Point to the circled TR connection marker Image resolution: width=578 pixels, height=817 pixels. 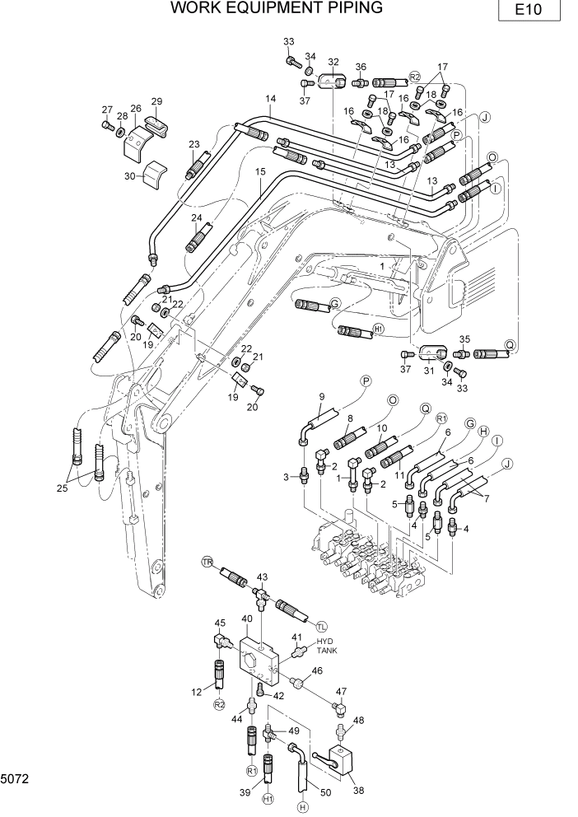(x=207, y=562)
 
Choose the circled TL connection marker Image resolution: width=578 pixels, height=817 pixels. (x=321, y=626)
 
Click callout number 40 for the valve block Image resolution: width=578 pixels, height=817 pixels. (x=246, y=618)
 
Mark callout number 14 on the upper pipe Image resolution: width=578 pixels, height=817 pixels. (x=270, y=100)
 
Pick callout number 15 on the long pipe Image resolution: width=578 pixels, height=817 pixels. (x=260, y=172)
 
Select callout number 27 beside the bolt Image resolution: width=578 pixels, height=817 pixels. (x=106, y=110)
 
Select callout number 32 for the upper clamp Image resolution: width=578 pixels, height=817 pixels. (x=333, y=62)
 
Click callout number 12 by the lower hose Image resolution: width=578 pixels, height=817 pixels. (x=197, y=692)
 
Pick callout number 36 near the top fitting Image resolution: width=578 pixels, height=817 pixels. (x=361, y=67)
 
